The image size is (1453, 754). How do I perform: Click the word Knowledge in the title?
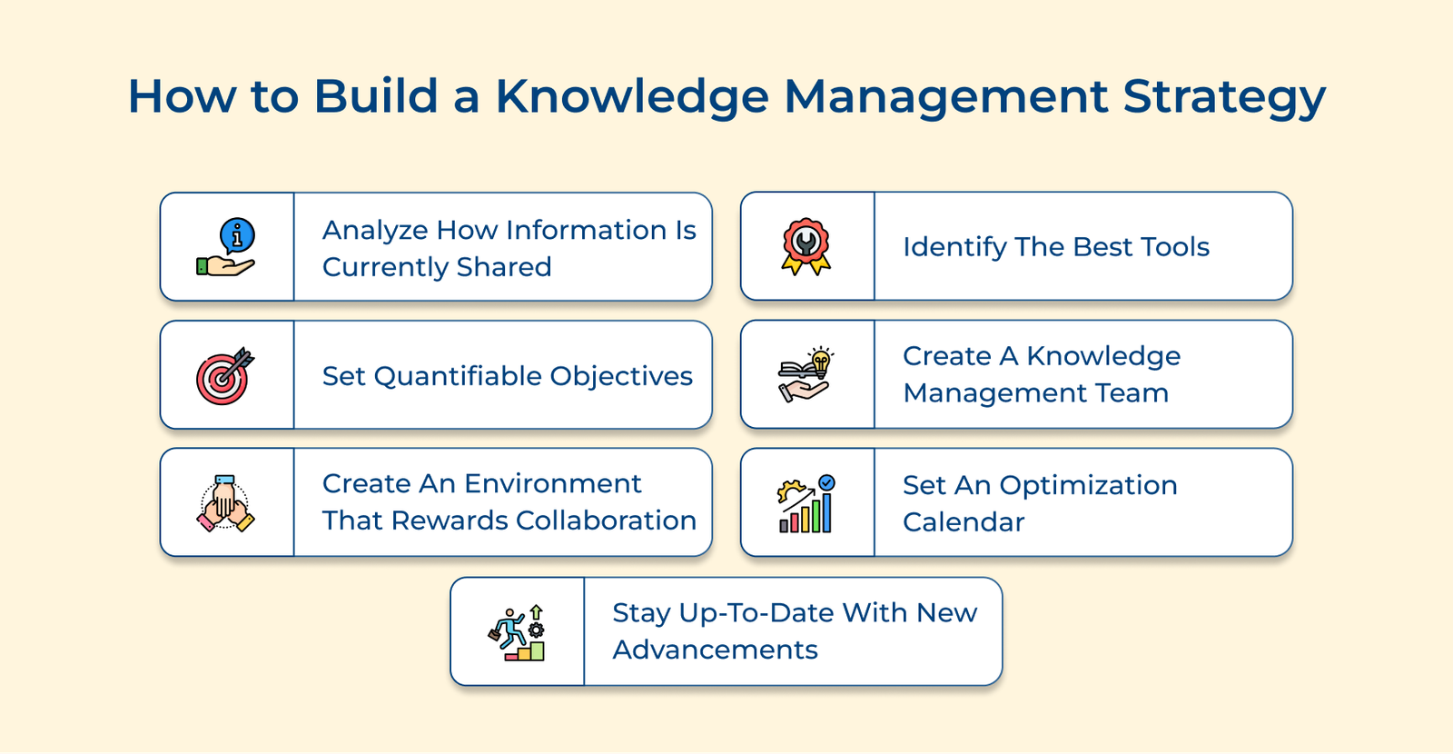tap(631, 96)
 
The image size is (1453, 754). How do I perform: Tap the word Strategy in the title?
tap(1224, 96)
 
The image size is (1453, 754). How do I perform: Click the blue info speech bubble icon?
tap(237, 236)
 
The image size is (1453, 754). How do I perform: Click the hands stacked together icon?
tap(225, 503)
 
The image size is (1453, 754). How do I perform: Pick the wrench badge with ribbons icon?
tap(806, 245)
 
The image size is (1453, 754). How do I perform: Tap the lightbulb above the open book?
tap(821, 360)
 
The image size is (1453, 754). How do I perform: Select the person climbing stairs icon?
tap(518, 632)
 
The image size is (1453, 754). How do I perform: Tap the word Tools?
tap(1175, 247)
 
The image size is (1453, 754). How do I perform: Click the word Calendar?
tap(964, 522)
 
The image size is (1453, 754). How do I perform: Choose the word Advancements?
tap(715, 650)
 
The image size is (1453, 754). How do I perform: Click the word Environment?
tap(552, 483)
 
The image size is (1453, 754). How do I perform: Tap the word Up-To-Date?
tap(759, 613)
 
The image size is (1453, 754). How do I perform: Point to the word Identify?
tap(954, 247)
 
